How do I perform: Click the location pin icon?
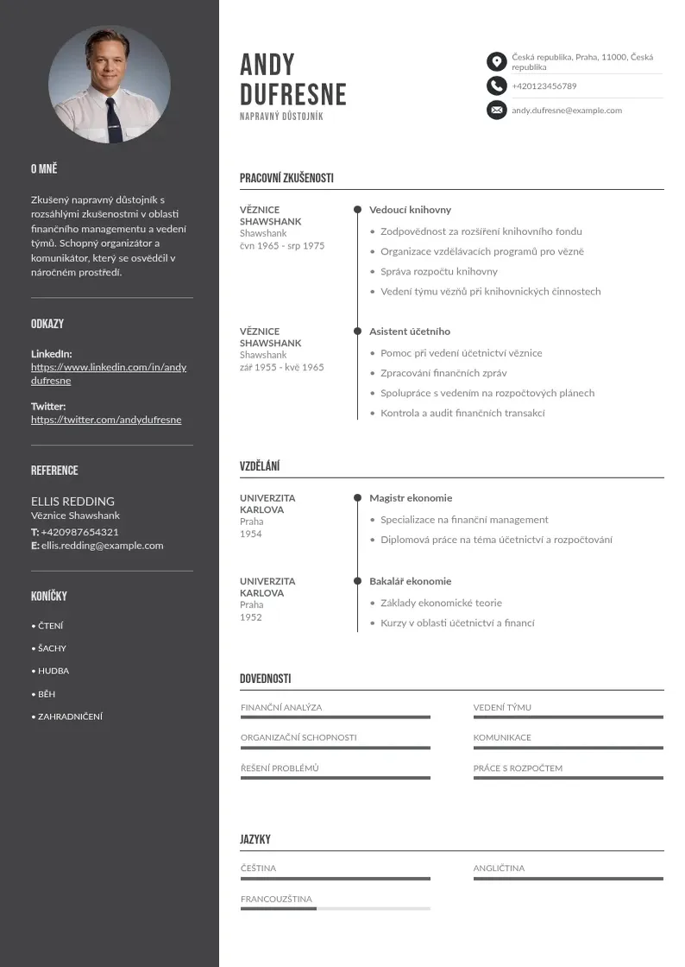[496, 61]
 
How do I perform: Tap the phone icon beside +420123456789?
[496, 85]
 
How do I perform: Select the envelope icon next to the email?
[496, 110]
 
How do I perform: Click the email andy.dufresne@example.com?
[566, 111]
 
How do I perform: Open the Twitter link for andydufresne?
[106, 420]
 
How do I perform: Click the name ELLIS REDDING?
[72, 501]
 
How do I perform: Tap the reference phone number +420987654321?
[79, 532]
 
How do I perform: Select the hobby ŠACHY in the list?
[52, 648]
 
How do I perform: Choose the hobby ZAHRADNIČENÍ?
[70, 717]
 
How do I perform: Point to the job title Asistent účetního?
[409, 332]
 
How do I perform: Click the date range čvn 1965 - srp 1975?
[282, 246]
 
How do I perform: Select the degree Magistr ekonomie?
[411, 498]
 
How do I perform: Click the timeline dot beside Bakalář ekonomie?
[357, 581]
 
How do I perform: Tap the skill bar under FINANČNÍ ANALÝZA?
[335, 717]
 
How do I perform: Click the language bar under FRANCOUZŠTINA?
[335, 908]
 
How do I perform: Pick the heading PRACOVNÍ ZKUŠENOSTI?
[286, 179]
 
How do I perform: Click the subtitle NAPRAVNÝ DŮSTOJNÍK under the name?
[281, 117]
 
